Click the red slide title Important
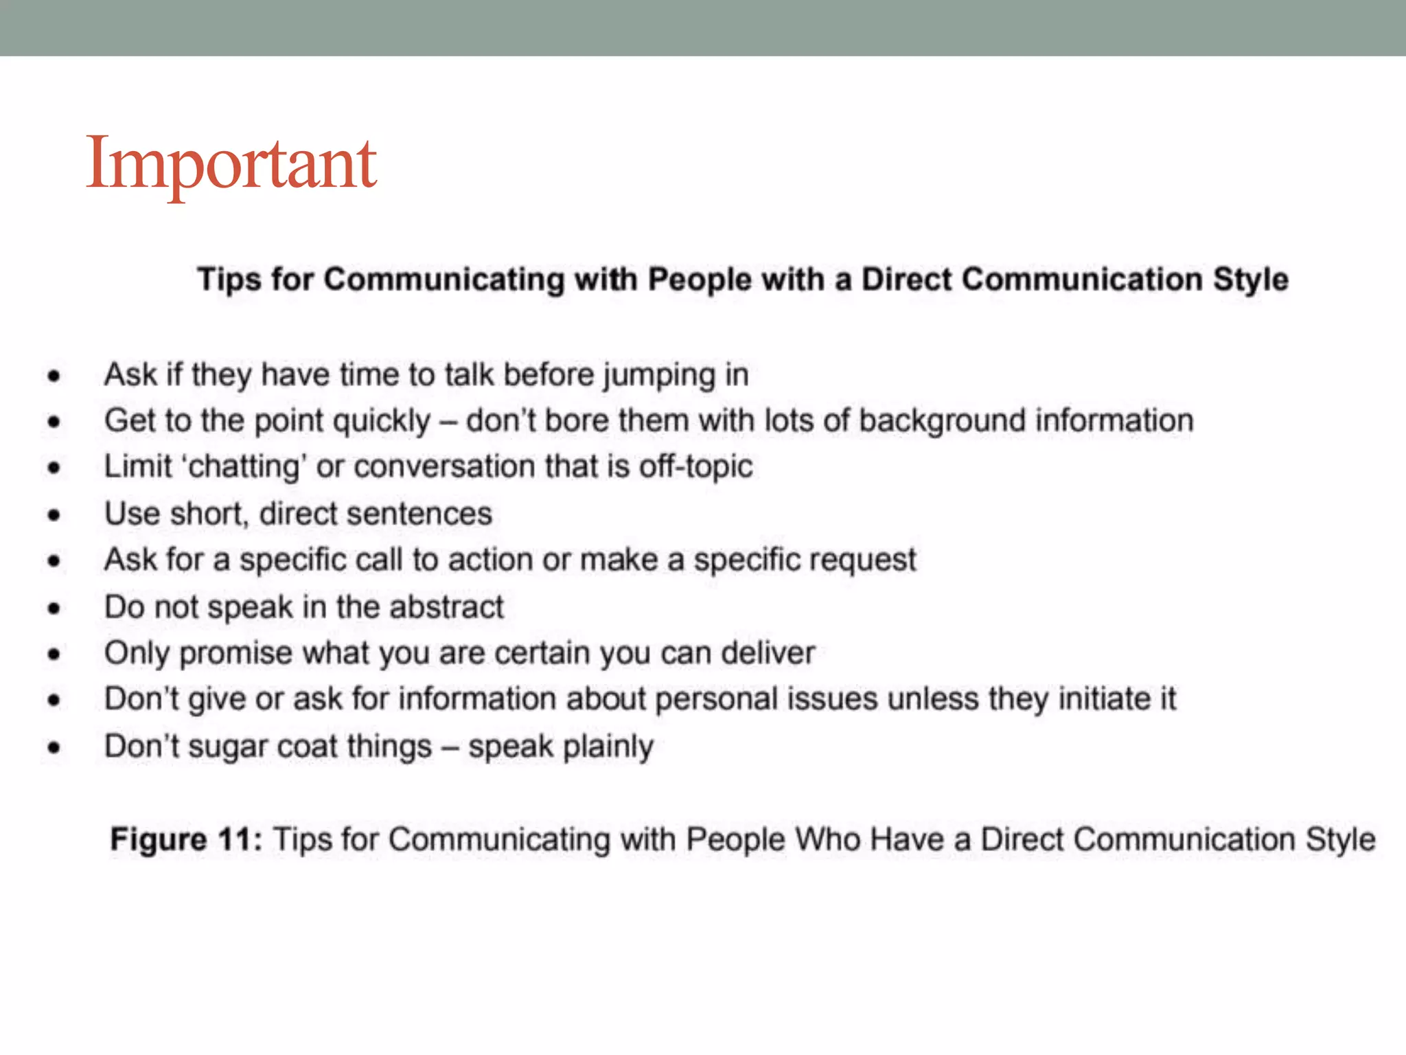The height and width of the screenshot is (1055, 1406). point(231,163)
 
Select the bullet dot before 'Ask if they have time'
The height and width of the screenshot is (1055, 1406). point(54,376)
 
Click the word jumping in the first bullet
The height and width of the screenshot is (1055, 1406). point(659,376)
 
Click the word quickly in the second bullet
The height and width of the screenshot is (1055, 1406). point(382,421)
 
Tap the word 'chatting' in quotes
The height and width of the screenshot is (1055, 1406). point(243,467)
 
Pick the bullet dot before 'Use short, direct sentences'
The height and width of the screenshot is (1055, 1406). point(54,515)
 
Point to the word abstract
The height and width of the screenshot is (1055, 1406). point(446,607)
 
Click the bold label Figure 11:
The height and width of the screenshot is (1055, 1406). point(186,840)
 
